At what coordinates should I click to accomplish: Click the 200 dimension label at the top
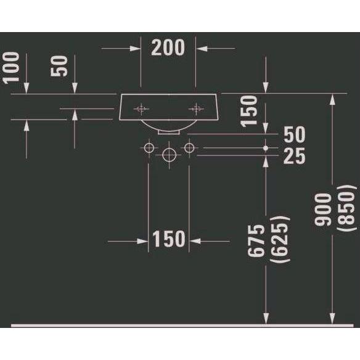[x=168, y=47]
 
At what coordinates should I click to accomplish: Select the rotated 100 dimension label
[x=11, y=68]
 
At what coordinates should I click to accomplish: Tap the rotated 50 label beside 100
[x=59, y=66]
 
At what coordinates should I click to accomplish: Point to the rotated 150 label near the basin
[x=249, y=111]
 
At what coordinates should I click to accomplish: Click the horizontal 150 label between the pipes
[x=169, y=239]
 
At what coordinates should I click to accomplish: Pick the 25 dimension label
[x=294, y=156]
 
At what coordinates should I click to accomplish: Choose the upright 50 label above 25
[x=295, y=134]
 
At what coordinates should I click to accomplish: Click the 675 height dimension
[x=256, y=240]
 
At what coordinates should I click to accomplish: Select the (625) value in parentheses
[x=280, y=239]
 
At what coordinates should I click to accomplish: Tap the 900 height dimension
[x=323, y=210]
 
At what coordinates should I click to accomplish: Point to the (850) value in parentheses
[x=347, y=208]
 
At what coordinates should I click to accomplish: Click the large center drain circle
[x=169, y=155]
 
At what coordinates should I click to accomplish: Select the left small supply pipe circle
[x=149, y=148]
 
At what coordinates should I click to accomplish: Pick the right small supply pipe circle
[x=189, y=148]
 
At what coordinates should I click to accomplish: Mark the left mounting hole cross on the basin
[x=141, y=108]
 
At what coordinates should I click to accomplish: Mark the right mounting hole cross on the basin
[x=196, y=108]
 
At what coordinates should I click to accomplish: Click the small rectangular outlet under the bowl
[x=169, y=132]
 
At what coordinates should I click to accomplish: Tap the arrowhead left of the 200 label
[x=135, y=49]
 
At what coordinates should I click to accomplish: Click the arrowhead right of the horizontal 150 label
[x=195, y=241]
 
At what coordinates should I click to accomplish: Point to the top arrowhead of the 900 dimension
[x=332, y=99]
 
